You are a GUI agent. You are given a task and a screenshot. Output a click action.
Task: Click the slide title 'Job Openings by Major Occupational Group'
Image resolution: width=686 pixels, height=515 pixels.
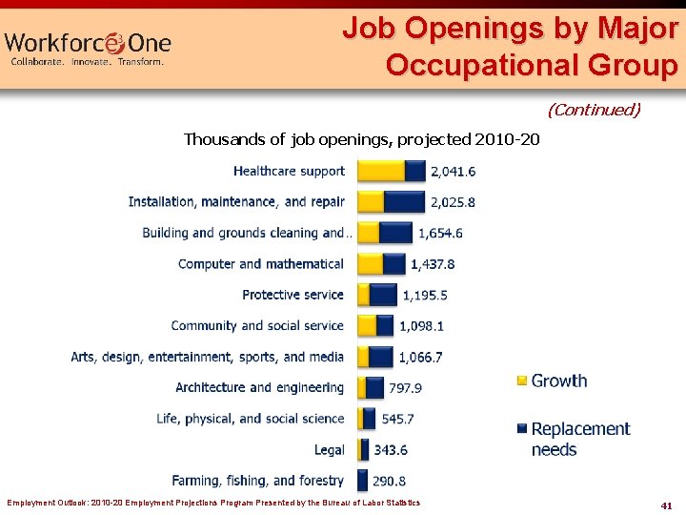coord(510,47)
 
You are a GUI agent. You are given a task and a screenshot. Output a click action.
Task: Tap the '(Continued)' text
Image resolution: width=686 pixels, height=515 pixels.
coord(594,110)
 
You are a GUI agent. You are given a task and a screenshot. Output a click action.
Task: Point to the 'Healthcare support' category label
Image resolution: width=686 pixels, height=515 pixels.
coord(289,171)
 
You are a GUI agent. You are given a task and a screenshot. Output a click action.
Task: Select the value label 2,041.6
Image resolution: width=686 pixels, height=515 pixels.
coord(453,172)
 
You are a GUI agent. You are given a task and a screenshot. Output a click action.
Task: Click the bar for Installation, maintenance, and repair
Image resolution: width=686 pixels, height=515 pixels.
coord(391,202)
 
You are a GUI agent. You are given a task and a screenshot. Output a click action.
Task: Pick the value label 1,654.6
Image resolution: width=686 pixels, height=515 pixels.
coord(440,233)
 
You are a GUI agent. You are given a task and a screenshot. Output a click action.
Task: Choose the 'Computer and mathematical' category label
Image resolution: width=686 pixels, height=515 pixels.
coord(261,263)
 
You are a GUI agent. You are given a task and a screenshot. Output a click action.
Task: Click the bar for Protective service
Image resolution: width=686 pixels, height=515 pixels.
coord(376,295)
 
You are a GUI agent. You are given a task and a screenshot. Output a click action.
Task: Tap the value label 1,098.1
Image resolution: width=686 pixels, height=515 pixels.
coord(421,326)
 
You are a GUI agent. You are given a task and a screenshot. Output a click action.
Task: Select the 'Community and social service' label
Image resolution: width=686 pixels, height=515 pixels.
coord(257,325)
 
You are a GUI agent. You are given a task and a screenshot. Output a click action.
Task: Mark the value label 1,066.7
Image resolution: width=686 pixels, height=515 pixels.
coord(420,357)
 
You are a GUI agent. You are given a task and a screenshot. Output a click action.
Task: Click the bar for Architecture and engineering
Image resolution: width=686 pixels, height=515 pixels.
coord(371,387)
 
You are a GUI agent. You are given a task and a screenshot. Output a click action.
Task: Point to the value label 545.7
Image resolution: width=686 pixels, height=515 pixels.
coord(397,419)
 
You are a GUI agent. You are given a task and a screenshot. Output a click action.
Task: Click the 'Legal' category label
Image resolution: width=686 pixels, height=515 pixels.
coord(329,449)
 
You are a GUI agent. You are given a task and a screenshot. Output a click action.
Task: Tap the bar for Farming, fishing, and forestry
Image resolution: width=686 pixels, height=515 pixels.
coord(363,480)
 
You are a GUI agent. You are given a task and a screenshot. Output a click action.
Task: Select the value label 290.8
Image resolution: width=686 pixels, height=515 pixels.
coord(392,481)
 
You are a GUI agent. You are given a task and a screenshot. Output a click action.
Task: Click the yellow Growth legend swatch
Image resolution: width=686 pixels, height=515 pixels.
coord(521,381)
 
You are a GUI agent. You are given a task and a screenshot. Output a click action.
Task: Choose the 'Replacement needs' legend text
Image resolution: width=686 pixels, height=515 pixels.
coord(580,439)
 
